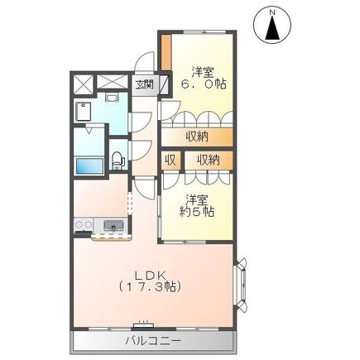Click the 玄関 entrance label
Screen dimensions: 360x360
144,84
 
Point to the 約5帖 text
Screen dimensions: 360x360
199,212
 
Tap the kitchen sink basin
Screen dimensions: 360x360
113,225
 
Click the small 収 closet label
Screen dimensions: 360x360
169,159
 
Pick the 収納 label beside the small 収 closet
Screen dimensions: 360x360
209,159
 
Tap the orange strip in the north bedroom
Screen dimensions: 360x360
166,55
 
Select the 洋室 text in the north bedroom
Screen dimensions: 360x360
205,70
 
